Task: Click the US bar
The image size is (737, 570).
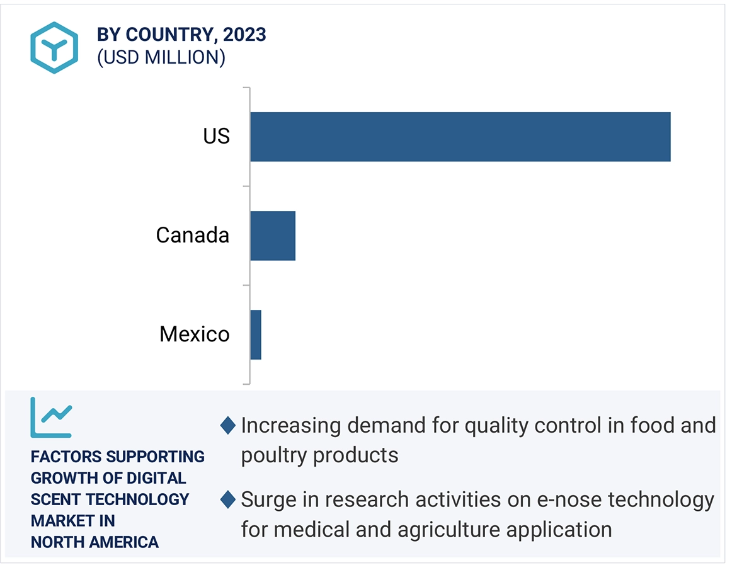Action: pyautogui.click(x=460, y=137)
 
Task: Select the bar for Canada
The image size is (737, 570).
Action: pyautogui.click(x=273, y=236)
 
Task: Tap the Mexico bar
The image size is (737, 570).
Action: pyautogui.click(x=256, y=334)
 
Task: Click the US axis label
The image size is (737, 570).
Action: pyautogui.click(x=216, y=137)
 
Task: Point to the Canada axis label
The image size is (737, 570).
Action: pyautogui.click(x=193, y=236)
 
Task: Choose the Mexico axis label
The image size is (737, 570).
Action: pyautogui.click(x=195, y=334)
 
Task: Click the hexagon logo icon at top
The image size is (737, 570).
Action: pyautogui.click(x=54, y=47)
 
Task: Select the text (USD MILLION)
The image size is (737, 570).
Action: pyautogui.click(x=161, y=57)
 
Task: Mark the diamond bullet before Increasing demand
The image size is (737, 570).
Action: pyautogui.click(x=227, y=426)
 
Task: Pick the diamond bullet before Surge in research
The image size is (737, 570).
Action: pyautogui.click(x=227, y=500)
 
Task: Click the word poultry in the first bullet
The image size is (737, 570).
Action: pyautogui.click(x=271, y=455)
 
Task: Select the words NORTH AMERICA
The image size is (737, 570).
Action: pyautogui.click(x=94, y=542)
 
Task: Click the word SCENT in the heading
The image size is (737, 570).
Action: pyautogui.click(x=56, y=499)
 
